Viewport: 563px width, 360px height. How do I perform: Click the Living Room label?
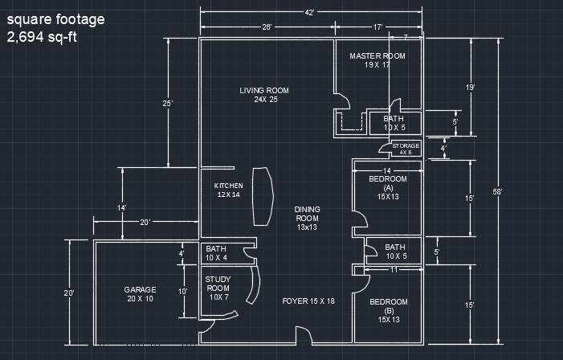pyautogui.click(x=264, y=95)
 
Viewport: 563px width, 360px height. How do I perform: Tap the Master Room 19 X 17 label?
pyautogui.click(x=377, y=60)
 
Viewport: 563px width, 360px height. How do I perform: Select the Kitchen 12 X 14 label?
pyautogui.click(x=227, y=190)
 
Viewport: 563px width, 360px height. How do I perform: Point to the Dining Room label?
pyautogui.click(x=308, y=218)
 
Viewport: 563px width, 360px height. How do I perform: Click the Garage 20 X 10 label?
pyautogui.click(x=139, y=293)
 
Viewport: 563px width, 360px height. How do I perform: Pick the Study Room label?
pyautogui.click(x=218, y=288)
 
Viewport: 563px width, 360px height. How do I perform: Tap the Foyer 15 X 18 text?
pyautogui.click(x=308, y=301)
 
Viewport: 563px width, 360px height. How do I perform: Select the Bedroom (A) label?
pyautogui.click(x=388, y=186)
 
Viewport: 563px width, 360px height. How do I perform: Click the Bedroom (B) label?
pyautogui.click(x=388, y=310)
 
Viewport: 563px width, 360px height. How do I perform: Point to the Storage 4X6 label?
pyautogui.click(x=406, y=148)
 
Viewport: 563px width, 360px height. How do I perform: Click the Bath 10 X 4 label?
pyautogui.click(x=216, y=253)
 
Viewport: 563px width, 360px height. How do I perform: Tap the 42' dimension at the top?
pyautogui.click(x=310, y=12)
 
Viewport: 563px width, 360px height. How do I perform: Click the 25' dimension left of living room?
pyautogui.click(x=167, y=103)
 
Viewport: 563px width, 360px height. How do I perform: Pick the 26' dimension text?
pyautogui.click(x=267, y=27)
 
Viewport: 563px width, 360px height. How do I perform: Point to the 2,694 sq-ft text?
pyautogui.click(x=43, y=37)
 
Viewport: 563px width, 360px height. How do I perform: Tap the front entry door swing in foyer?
pyautogui.click(x=303, y=335)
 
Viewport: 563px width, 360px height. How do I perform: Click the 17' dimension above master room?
pyautogui.click(x=377, y=27)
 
